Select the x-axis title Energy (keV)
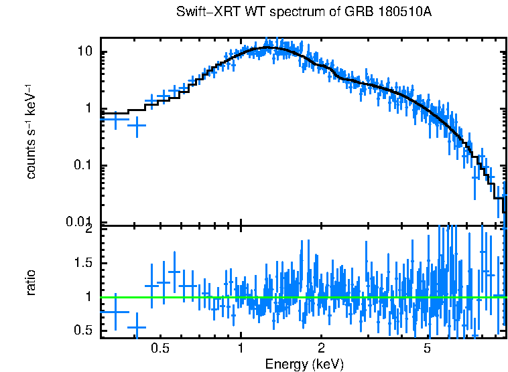pos(304,365)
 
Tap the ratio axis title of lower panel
pos(31,282)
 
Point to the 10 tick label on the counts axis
pos(84,52)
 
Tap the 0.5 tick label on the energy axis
pos(160,349)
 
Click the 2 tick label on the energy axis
pos(321,349)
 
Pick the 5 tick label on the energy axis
pos(428,349)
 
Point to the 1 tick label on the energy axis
pos(241,349)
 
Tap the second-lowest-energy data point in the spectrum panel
pos(137,125)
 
